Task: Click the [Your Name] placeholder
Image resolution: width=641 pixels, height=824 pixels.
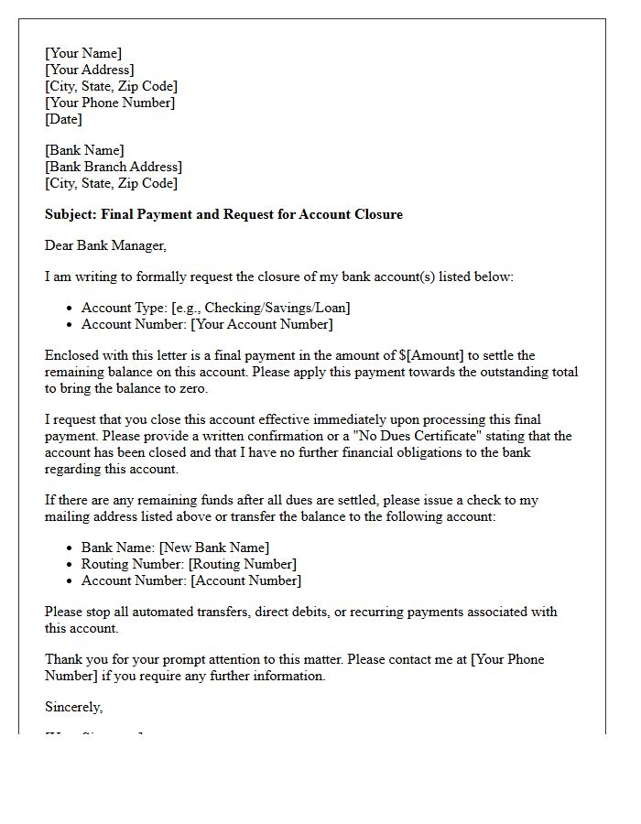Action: point(83,53)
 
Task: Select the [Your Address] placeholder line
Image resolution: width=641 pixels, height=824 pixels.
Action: point(90,70)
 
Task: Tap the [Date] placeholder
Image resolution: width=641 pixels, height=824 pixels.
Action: point(63,119)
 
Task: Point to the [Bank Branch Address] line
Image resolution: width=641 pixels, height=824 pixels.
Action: point(114,167)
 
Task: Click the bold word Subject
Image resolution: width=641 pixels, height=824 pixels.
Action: point(71,214)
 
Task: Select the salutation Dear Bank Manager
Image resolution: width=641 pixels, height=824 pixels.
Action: point(105,245)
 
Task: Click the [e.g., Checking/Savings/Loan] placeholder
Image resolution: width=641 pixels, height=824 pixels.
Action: point(261,308)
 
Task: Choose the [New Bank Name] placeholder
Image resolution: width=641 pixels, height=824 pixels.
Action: point(214,548)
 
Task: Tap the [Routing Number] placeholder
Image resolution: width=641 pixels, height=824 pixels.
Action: point(243,564)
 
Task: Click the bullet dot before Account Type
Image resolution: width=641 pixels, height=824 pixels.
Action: point(71,309)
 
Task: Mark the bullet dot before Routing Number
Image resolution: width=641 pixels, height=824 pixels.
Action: point(71,565)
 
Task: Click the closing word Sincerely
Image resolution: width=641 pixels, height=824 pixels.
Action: point(73,707)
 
